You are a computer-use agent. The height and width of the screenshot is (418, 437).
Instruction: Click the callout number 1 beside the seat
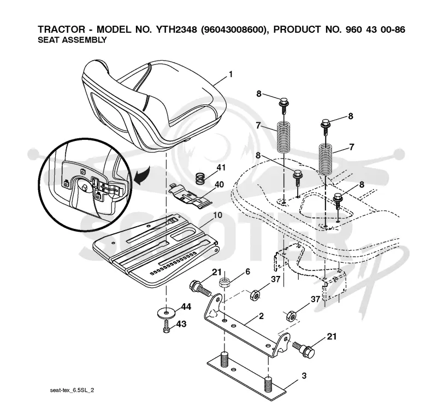click(231, 74)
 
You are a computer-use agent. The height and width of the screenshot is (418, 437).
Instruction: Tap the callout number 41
click(221, 168)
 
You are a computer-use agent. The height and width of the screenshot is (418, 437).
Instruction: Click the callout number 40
click(220, 185)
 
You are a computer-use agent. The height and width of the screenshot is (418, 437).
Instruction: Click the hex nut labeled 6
click(224, 283)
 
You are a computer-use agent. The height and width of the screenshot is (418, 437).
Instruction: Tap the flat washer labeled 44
click(167, 312)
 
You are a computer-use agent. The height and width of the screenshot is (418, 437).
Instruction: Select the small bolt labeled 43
click(166, 326)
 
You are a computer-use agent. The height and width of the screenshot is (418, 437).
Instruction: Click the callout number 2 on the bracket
click(261, 316)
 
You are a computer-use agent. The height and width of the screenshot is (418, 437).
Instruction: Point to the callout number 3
click(304, 375)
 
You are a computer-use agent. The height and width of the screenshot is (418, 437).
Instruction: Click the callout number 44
click(186, 307)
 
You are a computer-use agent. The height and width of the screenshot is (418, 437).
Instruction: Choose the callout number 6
click(248, 272)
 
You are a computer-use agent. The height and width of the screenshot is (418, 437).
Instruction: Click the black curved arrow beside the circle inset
click(143, 175)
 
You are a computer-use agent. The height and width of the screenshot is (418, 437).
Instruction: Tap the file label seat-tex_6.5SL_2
click(72, 390)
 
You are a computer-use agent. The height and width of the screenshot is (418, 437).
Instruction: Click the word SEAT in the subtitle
click(49, 40)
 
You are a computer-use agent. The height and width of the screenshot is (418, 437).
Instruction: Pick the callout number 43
click(181, 324)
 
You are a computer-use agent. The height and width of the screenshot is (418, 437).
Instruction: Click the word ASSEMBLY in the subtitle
click(85, 40)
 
